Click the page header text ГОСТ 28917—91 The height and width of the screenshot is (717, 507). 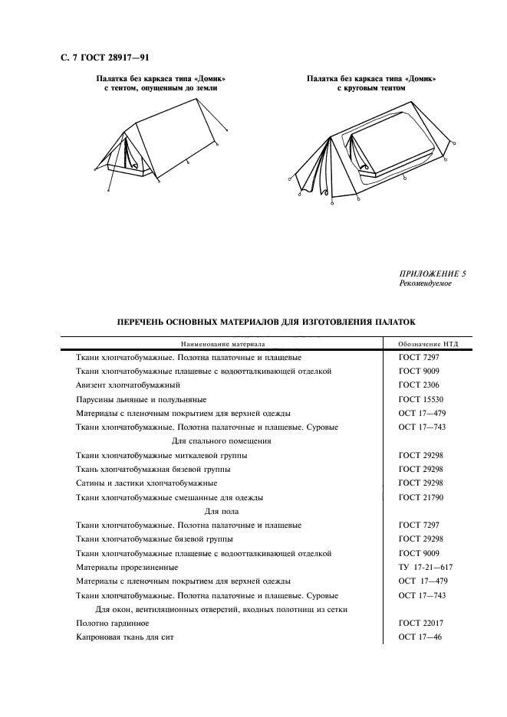113,57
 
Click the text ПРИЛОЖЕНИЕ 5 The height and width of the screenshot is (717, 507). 433,273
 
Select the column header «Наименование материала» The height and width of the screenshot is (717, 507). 222,345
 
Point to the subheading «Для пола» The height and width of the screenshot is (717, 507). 221,511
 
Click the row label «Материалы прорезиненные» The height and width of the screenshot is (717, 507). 127,567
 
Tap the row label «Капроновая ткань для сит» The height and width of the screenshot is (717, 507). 126,637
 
